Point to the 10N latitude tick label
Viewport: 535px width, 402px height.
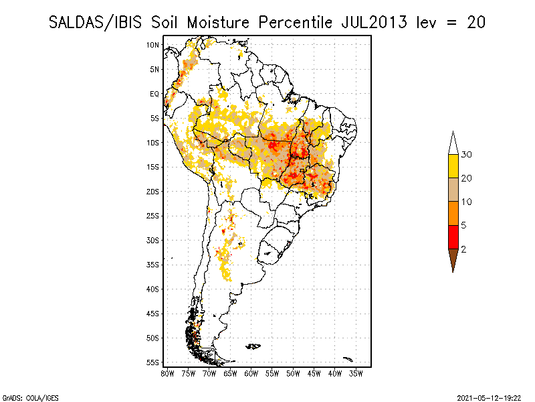(152, 45)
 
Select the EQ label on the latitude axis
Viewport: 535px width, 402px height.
(154, 94)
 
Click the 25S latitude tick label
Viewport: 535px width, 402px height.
(152, 216)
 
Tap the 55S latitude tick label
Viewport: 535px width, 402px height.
(152, 362)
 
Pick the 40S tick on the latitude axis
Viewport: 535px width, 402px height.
(152, 289)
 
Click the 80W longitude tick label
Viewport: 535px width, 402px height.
(167, 373)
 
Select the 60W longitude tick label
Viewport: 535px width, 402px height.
(251, 373)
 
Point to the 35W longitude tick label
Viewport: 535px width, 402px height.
(356, 373)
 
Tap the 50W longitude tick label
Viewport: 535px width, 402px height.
(294, 373)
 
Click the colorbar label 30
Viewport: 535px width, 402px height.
(467, 155)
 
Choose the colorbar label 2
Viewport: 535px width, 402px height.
(464, 249)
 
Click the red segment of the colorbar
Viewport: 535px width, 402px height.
(453, 237)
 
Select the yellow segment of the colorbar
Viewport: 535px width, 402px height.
(453, 166)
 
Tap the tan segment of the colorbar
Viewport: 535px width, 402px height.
(453, 190)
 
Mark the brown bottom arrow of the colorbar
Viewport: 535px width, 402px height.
(453, 259)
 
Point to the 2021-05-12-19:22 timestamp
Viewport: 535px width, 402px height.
(490, 397)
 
